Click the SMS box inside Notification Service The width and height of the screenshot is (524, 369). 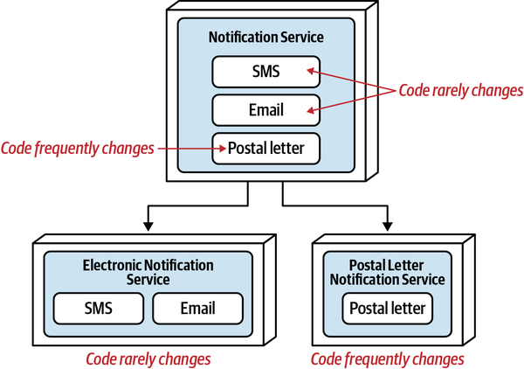coord(265,72)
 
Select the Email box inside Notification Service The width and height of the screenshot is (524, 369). coord(265,110)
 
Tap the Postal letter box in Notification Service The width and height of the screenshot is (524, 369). coord(265,148)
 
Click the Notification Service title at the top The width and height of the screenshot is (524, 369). coord(265,37)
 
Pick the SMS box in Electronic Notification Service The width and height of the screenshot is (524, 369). coord(97,308)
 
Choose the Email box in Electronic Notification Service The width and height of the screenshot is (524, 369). coord(197,308)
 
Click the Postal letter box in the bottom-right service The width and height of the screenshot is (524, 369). coord(388,308)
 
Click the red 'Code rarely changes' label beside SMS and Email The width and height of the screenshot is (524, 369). coord(460,89)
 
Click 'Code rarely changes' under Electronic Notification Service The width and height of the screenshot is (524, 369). coord(148,359)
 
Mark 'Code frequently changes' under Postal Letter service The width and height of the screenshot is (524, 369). coord(388,359)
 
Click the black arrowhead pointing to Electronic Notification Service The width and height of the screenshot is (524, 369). coord(148,226)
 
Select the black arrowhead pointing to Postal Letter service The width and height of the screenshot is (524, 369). coord(386,226)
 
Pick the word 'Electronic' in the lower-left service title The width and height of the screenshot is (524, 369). coord(114,265)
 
